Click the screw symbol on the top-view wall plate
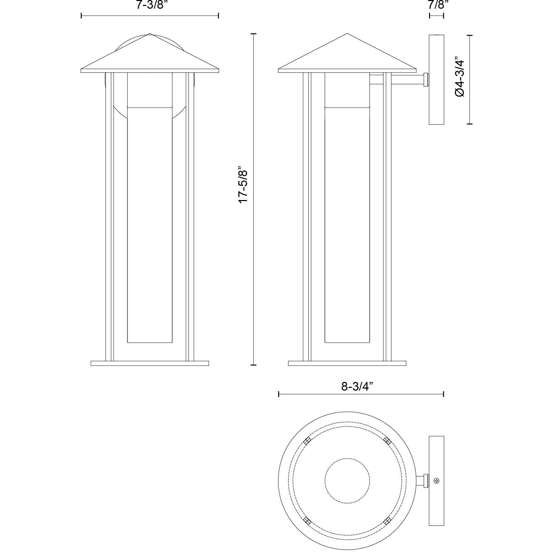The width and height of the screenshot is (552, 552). pos(437,481)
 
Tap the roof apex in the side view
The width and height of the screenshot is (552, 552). pos(347,34)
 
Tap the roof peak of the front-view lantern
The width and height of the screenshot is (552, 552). pos(150,34)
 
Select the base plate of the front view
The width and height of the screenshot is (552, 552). pos(150,363)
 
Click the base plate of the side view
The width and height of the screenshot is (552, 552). pos(347,363)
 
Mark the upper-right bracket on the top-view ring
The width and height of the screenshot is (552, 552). pos(387,440)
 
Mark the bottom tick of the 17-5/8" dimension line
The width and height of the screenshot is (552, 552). pos(253,365)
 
